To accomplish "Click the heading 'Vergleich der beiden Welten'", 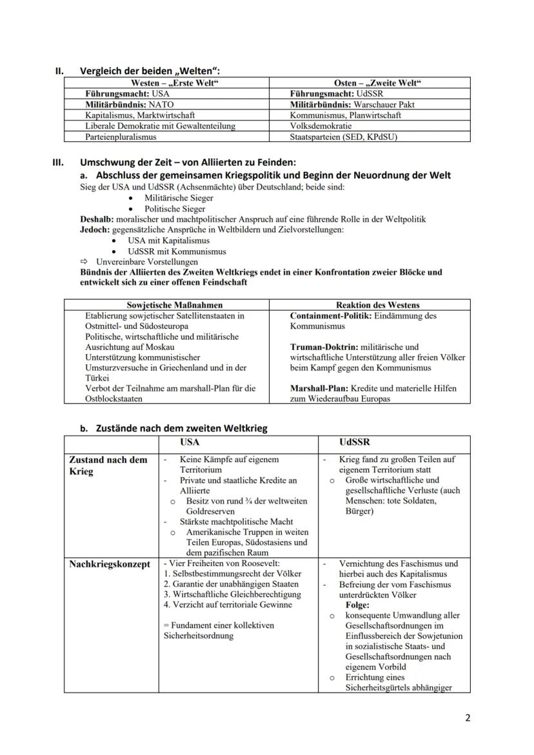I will (154, 71).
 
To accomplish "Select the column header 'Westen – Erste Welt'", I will (166, 83).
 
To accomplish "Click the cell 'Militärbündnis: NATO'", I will (129, 104).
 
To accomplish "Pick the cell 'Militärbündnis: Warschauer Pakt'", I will (352, 104).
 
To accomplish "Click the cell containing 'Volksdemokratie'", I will (321, 126).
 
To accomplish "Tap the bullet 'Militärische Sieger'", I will (170, 199).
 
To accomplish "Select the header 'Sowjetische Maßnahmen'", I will (166, 305).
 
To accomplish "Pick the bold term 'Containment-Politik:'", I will (330, 316).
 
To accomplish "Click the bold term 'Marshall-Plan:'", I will (319, 388).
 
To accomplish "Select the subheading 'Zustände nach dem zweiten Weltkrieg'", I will (181, 428).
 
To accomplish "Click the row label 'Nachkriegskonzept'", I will (110, 564).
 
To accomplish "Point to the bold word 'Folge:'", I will (357, 605).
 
